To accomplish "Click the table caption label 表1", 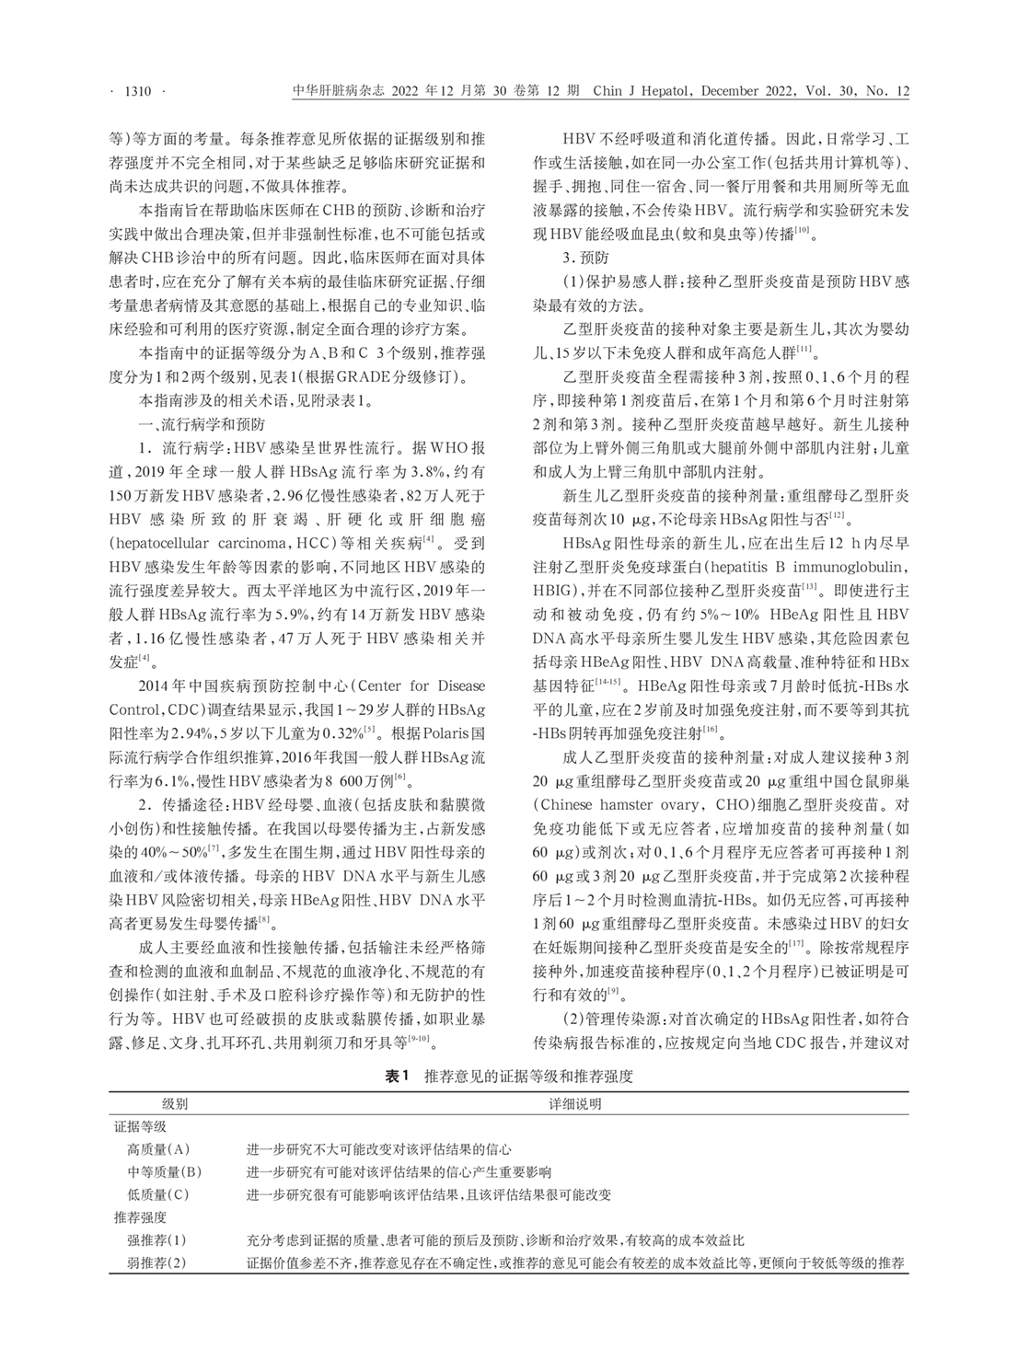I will [x=397, y=1075].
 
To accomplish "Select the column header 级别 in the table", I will [x=175, y=1103].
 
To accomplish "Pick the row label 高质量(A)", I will [x=157, y=1149].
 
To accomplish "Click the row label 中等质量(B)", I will [x=164, y=1172].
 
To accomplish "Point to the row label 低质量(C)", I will [x=157, y=1195].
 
